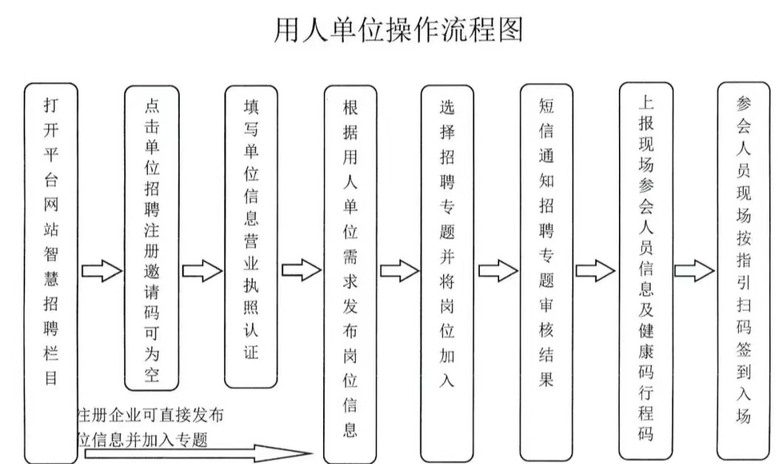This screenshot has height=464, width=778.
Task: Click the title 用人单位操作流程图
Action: pyautogui.click(x=399, y=30)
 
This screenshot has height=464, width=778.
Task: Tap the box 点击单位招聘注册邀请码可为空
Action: pyautogui.click(x=152, y=238)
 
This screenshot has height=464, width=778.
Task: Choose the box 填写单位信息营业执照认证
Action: pyautogui.click(x=251, y=236)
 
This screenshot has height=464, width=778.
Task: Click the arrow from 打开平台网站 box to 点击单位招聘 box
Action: pyautogui.click(x=101, y=272)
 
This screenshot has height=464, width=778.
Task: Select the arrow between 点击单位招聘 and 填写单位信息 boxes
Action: pyautogui.click(x=201, y=272)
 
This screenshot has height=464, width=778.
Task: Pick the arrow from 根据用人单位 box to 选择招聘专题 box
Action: pyautogui.click(x=399, y=272)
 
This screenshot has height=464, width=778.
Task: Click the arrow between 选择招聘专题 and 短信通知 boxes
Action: pyautogui.click(x=497, y=272)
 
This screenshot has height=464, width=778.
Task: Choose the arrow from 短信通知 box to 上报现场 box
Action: pyautogui.click(x=595, y=272)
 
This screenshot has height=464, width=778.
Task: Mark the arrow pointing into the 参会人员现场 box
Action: pyautogui.click(x=694, y=272)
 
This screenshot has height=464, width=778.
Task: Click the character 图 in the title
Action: pyautogui.click(x=510, y=30)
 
